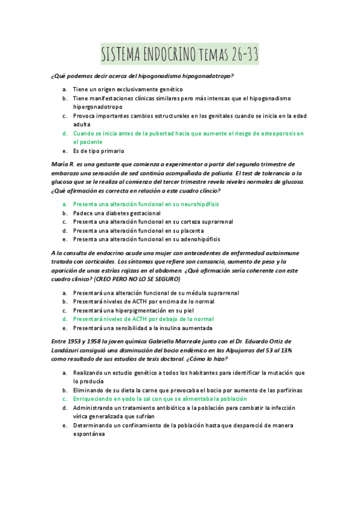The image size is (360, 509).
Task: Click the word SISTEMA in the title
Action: coord(120,56)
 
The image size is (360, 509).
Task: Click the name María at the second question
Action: coord(60,164)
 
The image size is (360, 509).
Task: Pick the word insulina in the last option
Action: coord(167,328)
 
